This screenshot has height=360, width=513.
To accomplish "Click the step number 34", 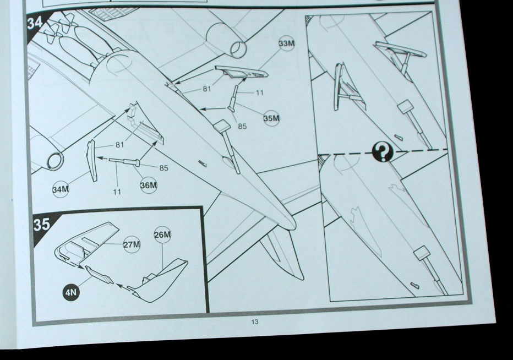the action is point(35,23).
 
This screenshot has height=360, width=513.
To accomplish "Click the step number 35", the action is point(41,225).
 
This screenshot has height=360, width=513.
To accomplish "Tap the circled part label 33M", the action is point(287,43).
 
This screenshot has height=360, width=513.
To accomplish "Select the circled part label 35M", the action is point(271,118).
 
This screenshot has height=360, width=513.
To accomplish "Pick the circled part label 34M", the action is point(61,189).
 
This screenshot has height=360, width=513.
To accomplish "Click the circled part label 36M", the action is point(149,186).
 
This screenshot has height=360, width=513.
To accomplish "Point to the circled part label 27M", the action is point(132,244).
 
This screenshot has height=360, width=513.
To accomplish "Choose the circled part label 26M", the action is point(162,234).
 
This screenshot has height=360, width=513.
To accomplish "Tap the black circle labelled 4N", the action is point(70,292).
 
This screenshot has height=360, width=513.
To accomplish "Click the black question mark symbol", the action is point(383,152).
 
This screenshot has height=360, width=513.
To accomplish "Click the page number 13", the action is point(255,321).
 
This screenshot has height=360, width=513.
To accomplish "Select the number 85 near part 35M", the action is point(242,126).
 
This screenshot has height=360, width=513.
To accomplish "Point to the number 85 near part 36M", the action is point(163,168).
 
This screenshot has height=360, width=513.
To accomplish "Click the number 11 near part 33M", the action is point(259,92).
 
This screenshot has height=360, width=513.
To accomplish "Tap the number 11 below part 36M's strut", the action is point(117,192).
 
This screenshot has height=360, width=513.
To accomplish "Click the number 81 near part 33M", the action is point(207,89).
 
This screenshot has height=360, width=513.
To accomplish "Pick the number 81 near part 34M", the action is point(120,144).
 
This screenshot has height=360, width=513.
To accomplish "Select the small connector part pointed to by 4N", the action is point(99,275).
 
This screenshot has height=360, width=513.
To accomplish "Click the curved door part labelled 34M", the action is point(91,160).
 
